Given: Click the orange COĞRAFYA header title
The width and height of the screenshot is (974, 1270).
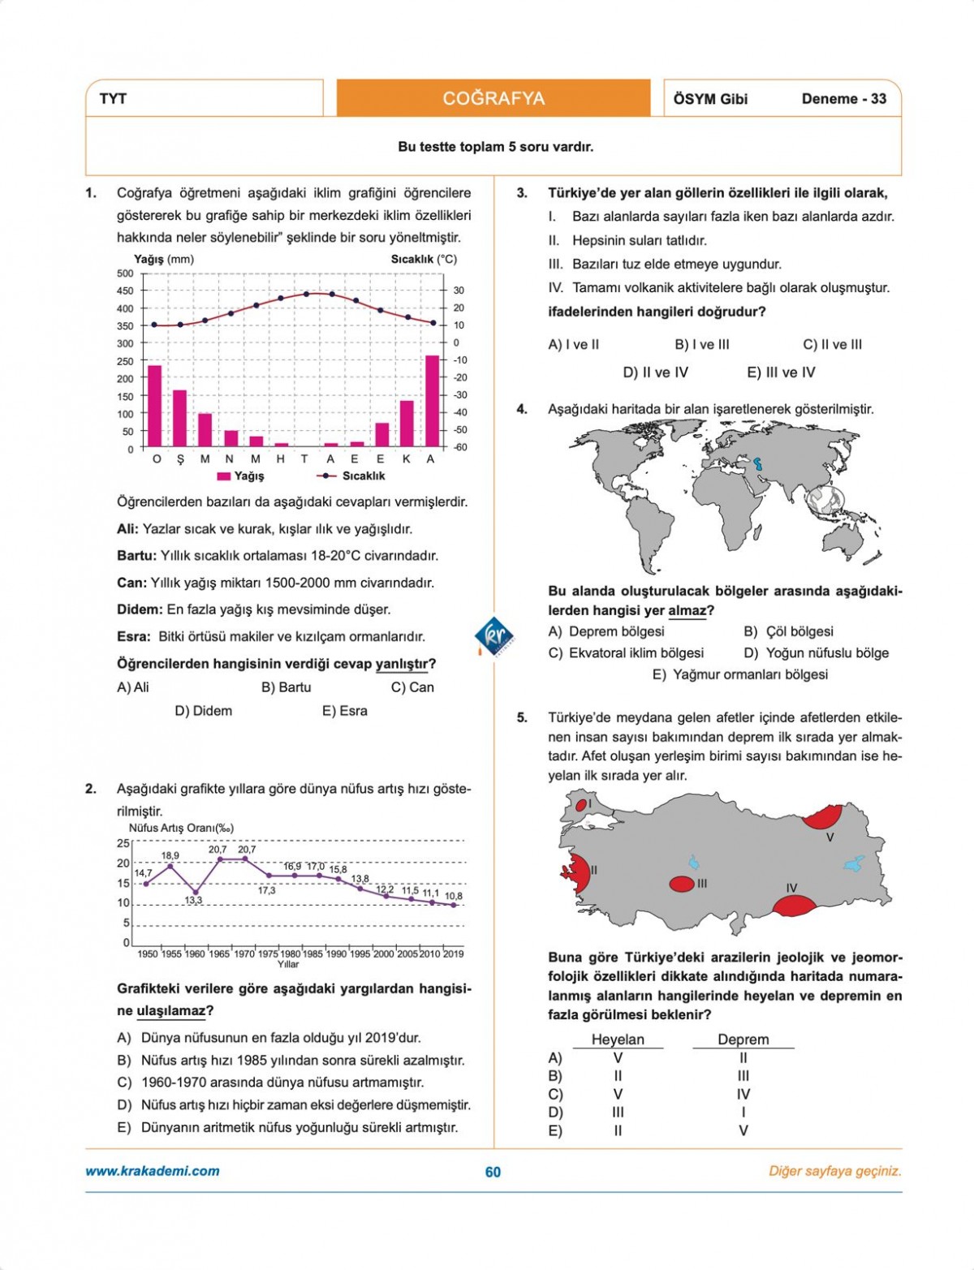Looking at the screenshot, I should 493,98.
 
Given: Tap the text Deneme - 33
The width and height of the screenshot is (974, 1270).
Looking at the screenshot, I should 843,99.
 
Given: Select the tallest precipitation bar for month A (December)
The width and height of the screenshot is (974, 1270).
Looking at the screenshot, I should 432,400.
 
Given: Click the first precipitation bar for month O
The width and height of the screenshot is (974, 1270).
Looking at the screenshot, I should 154,405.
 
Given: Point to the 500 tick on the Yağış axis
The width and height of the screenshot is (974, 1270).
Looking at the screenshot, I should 125,273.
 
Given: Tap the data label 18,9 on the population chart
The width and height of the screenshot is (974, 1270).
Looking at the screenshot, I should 170,855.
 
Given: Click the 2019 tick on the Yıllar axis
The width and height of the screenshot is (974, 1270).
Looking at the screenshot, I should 454,954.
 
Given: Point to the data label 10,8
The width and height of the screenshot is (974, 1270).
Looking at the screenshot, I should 454,896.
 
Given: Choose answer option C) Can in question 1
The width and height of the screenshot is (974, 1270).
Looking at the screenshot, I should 412,687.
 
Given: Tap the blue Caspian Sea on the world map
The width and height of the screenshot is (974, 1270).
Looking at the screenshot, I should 759,466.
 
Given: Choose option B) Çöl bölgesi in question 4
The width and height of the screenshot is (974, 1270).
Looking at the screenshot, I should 788,631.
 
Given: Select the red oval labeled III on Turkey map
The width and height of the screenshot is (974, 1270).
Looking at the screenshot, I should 682,884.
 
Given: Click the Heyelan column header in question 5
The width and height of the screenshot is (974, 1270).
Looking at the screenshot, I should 618,1040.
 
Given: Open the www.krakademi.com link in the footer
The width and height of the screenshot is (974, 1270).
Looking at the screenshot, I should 153,1171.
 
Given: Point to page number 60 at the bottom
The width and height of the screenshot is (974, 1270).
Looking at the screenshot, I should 493,1172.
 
